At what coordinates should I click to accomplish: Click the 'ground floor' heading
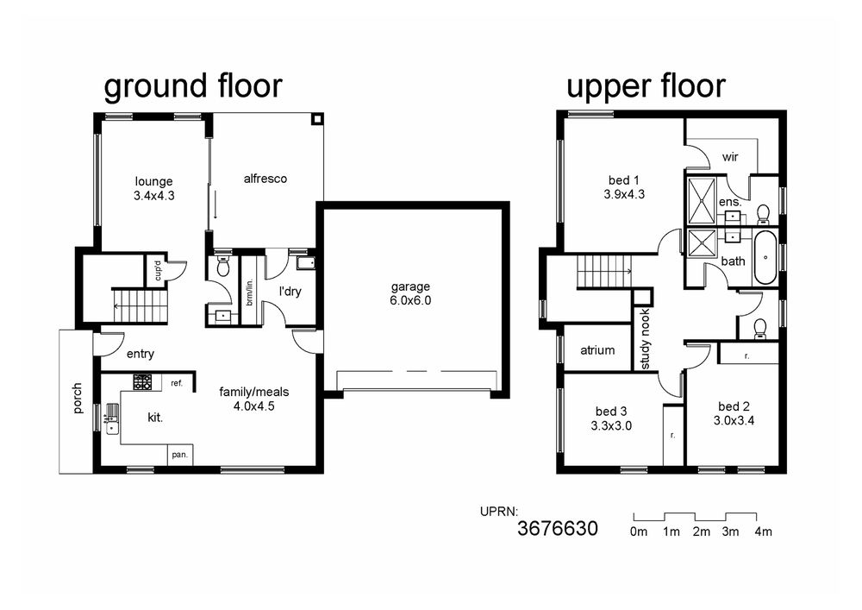coord(193,86)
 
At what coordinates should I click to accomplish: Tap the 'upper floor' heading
coord(646,86)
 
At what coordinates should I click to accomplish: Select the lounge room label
coord(154,188)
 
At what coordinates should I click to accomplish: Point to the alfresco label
coord(265,179)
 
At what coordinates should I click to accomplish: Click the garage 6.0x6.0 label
coord(410,293)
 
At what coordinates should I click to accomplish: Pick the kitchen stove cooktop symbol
coord(142,382)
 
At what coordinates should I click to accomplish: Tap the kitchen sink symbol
coord(112,418)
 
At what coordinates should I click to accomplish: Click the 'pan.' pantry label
coord(180,455)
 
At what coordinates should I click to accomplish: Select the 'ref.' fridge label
coord(177,383)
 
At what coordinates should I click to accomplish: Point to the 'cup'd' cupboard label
coord(158,270)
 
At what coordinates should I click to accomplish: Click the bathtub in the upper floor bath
coord(765,257)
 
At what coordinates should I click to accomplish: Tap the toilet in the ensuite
coord(763,214)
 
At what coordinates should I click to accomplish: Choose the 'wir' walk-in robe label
coord(730,157)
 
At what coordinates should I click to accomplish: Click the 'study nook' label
coord(646,339)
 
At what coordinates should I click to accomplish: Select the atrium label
coord(597,349)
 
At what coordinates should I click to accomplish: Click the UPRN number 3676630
coord(558,528)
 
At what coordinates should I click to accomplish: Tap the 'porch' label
coord(78,399)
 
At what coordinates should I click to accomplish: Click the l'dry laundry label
coord(290,291)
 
